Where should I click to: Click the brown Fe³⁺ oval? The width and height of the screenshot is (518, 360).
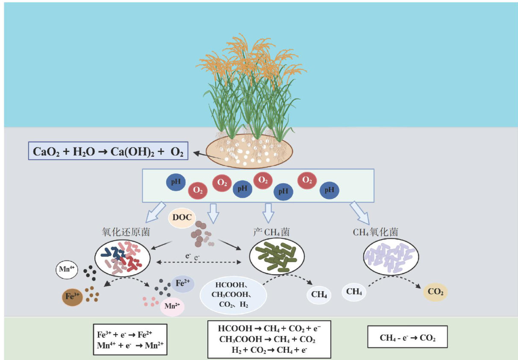tap(73, 297)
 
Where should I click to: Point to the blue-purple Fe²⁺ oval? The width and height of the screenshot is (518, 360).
tap(182, 284)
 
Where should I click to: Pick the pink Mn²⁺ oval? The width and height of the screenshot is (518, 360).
tap(172, 307)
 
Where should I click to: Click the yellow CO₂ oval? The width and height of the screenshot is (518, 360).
tap(435, 293)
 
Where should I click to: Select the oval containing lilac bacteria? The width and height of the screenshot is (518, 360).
tap(391, 257)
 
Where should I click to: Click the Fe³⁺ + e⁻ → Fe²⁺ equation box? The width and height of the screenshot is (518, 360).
tap(129, 340)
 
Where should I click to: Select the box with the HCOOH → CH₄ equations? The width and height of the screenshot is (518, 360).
tap(269, 340)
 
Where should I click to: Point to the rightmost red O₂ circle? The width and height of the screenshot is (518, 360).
tap(307, 181)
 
